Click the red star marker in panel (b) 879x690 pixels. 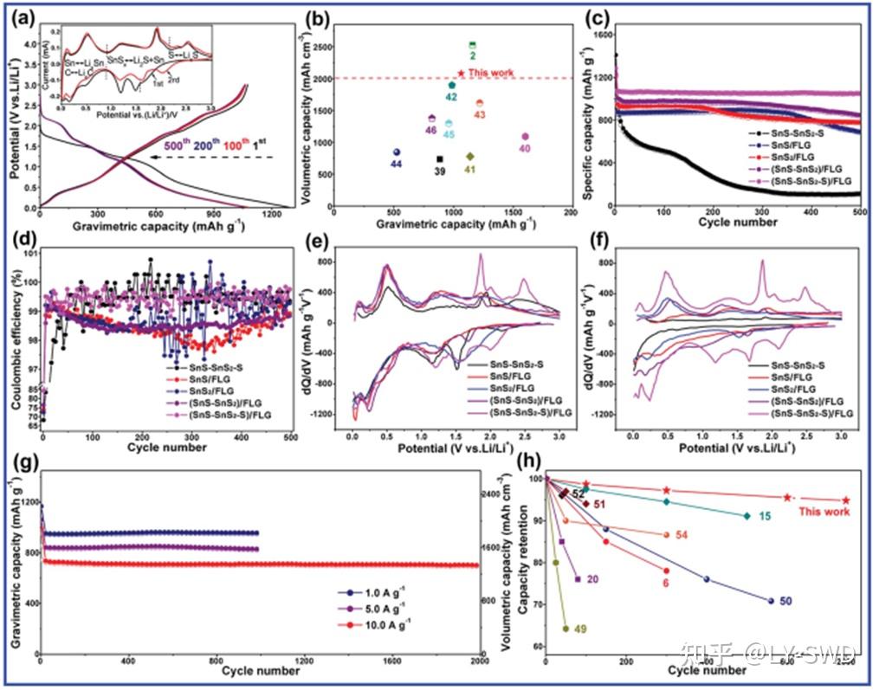click(461, 74)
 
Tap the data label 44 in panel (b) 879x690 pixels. click(396, 164)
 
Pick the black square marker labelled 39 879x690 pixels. click(440, 159)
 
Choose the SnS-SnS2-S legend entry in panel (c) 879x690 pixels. click(779, 133)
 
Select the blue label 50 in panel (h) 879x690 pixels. click(785, 601)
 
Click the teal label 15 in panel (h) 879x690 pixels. click(765, 516)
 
